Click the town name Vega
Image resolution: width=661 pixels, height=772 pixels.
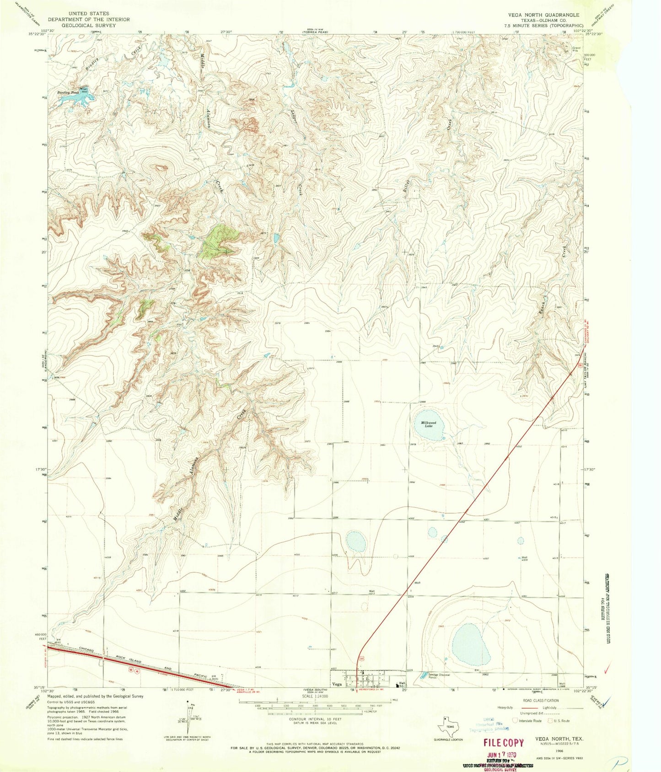338,685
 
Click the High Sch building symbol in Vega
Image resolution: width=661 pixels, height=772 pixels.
397,684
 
